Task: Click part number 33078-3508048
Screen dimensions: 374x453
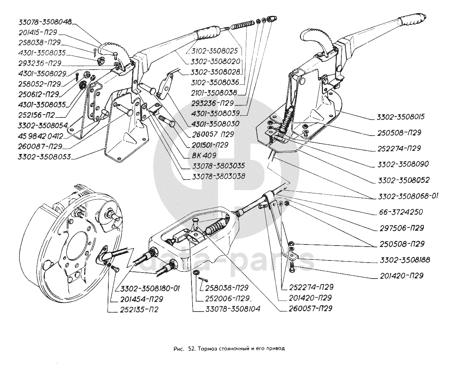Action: click(45, 22)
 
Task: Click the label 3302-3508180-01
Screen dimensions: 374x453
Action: click(150, 288)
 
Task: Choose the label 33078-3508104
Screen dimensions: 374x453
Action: click(232, 309)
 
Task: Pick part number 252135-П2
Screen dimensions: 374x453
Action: click(137, 310)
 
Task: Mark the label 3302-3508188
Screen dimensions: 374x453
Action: click(403, 260)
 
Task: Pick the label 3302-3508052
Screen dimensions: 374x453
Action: click(403, 180)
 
